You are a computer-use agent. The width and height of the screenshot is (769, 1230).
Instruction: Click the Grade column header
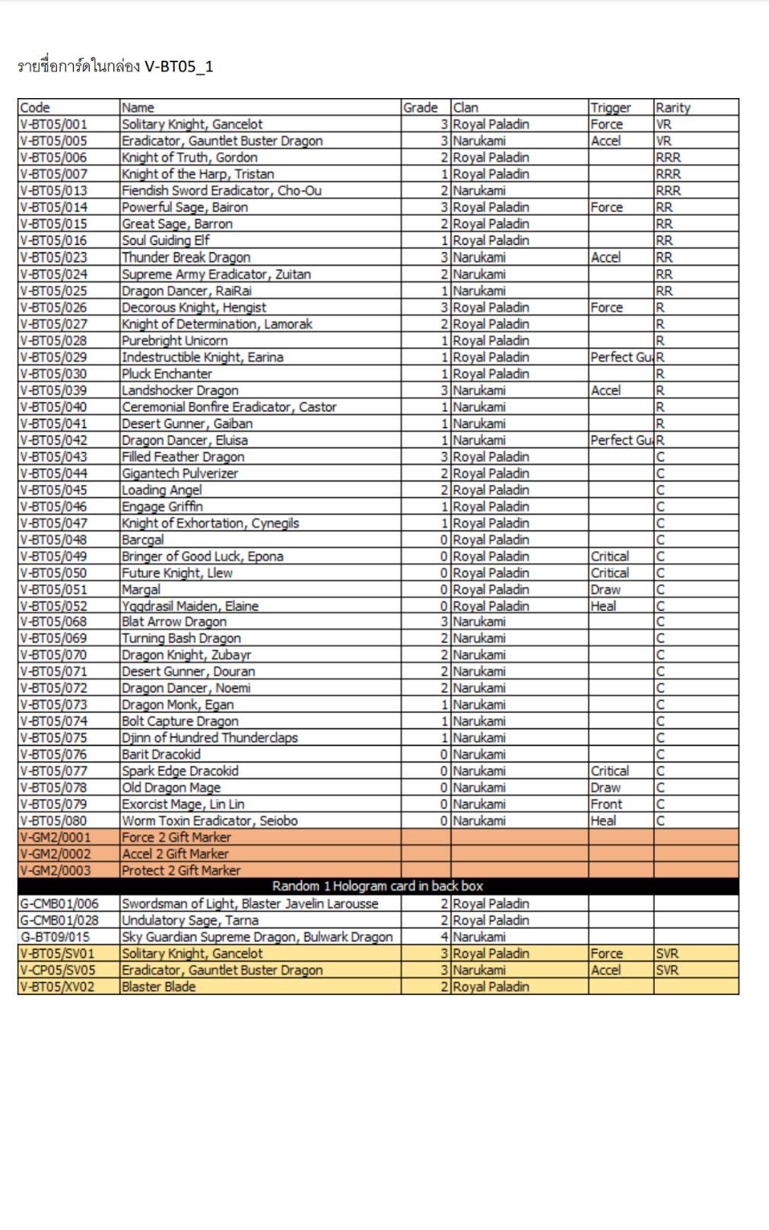[x=420, y=107]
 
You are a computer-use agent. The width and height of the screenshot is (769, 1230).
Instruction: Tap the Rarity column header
[x=672, y=107]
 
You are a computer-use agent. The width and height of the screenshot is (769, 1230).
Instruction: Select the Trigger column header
[x=610, y=107]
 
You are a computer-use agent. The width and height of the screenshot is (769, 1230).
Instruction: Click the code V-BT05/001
[x=53, y=124]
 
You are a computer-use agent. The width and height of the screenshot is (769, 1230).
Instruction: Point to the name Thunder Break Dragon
[x=186, y=257]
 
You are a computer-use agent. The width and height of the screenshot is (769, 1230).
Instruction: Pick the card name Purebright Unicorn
[x=174, y=341]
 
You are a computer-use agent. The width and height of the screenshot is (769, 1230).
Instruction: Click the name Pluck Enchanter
[x=167, y=373]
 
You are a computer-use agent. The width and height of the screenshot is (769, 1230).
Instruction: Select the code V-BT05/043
[x=53, y=457]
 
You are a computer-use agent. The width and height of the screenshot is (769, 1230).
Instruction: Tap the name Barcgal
[x=142, y=540]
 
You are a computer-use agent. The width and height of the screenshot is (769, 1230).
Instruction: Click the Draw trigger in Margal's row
[x=605, y=589]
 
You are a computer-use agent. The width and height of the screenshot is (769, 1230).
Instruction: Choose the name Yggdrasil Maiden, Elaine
[x=190, y=606]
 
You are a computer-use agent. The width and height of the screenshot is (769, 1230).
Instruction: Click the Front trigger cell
[x=606, y=804]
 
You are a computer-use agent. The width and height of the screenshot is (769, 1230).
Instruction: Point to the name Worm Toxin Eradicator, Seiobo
[x=209, y=821]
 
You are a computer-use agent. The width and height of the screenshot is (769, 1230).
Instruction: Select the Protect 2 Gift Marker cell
[x=181, y=870]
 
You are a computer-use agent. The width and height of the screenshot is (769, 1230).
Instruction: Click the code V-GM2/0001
[x=56, y=837]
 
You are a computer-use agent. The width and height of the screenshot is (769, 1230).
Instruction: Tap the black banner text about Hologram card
[x=377, y=886]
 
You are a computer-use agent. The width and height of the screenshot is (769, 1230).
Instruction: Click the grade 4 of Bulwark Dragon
[x=444, y=937]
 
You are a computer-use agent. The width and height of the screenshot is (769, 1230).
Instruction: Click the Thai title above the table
[x=115, y=66]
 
